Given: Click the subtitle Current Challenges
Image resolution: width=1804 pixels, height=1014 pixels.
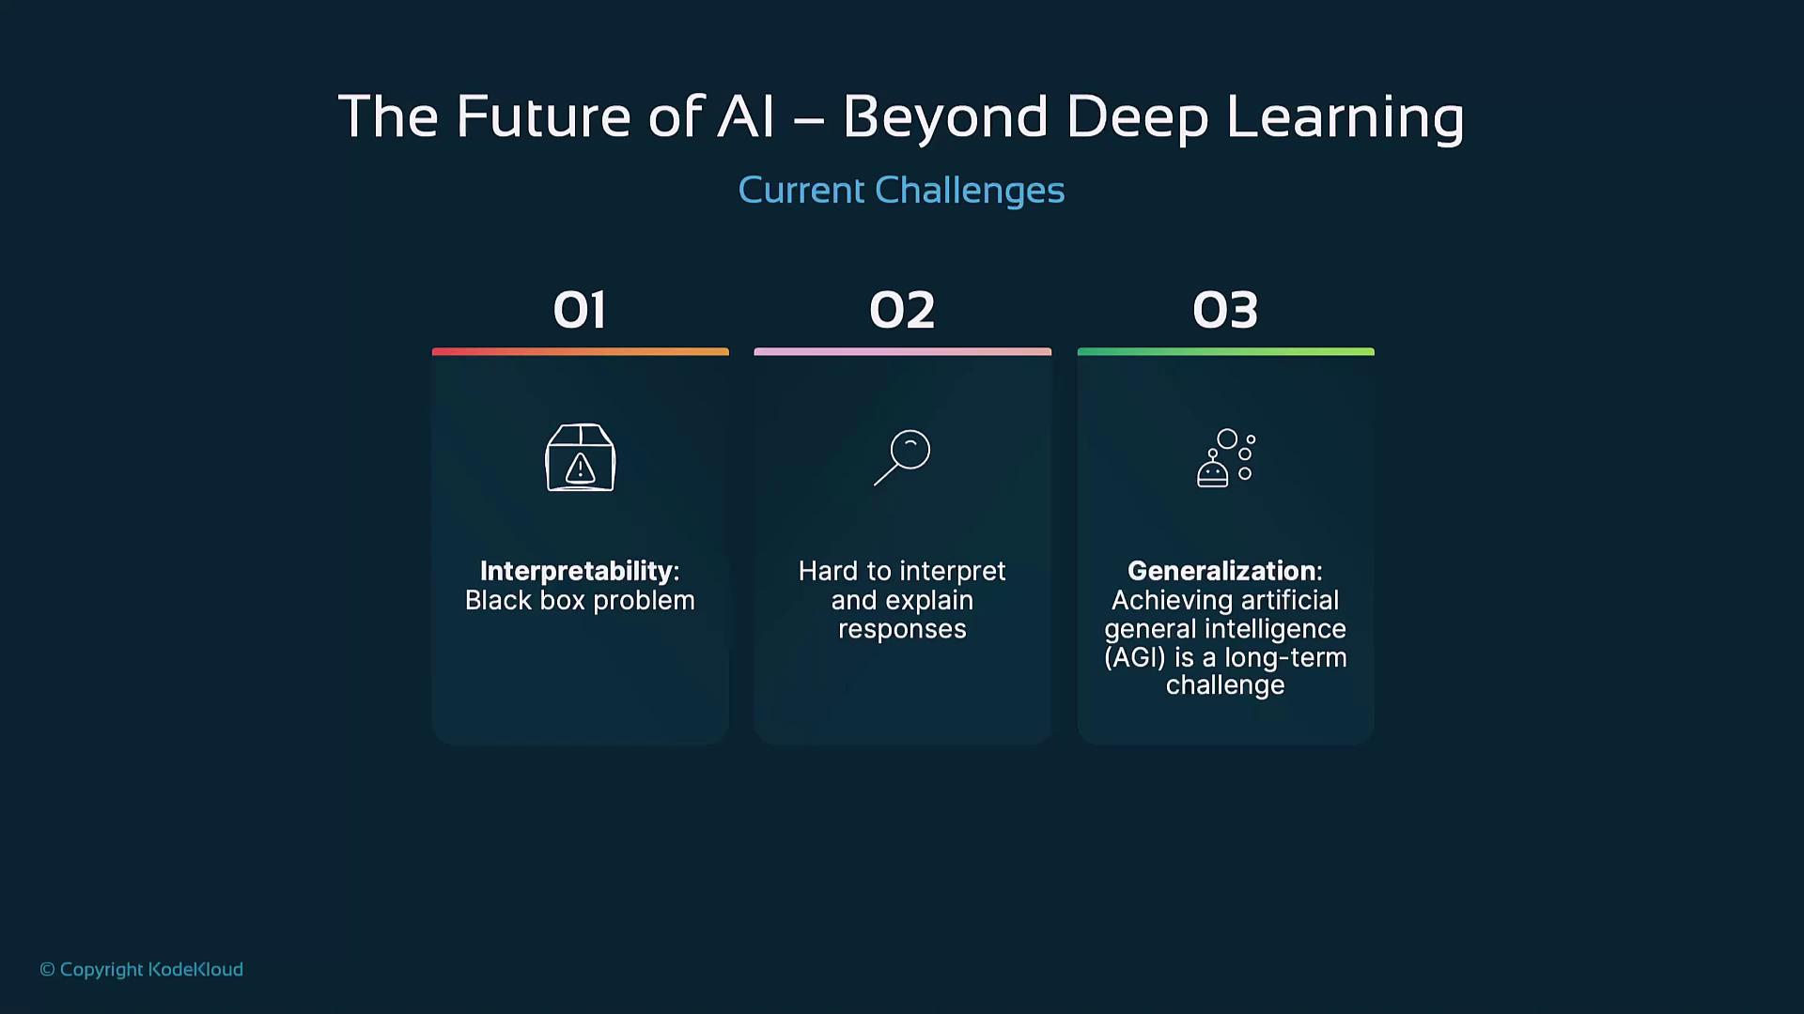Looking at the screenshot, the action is pyautogui.click(x=901, y=191).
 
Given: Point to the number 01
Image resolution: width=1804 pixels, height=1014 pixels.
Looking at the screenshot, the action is pyautogui.click(x=580, y=310).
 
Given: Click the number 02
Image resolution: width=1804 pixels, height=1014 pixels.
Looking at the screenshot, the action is pyautogui.click(x=902, y=310).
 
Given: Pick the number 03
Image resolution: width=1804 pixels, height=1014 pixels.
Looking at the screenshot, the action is pyautogui.click(x=1225, y=310).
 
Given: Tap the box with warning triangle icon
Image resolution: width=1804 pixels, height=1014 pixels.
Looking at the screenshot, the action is pyautogui.click(x=581, y=457).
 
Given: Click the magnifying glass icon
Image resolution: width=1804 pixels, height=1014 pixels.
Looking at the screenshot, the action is pyautogui.click(x=902, y=457).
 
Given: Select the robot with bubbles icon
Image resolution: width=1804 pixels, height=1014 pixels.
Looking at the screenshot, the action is pyautogui.click(x=1226, y=458).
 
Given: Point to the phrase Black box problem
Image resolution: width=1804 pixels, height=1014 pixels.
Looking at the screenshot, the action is pyautogui.click(x=580, y=601).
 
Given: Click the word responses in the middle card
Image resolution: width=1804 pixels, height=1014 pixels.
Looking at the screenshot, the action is pyautogui.click(x=902, y=630).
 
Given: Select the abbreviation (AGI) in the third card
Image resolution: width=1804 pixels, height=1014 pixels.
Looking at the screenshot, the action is pyautogui.click(x=1135, y=657).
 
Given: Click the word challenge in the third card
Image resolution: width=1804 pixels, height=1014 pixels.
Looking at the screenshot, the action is pyautogui.click(x=1225, y=686).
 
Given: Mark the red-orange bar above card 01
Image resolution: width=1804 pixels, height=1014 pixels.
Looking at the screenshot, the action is pyautogui.click(x=581, y=352).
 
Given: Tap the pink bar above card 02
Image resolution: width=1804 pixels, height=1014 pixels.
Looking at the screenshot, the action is pyautogui.click(x=903, y=352).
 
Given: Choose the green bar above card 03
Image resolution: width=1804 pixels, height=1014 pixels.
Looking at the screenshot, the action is pyautogui.click(x=1226, y=352).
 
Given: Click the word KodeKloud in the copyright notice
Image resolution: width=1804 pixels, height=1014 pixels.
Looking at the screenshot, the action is pyautogui.click(x=195, y=970).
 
